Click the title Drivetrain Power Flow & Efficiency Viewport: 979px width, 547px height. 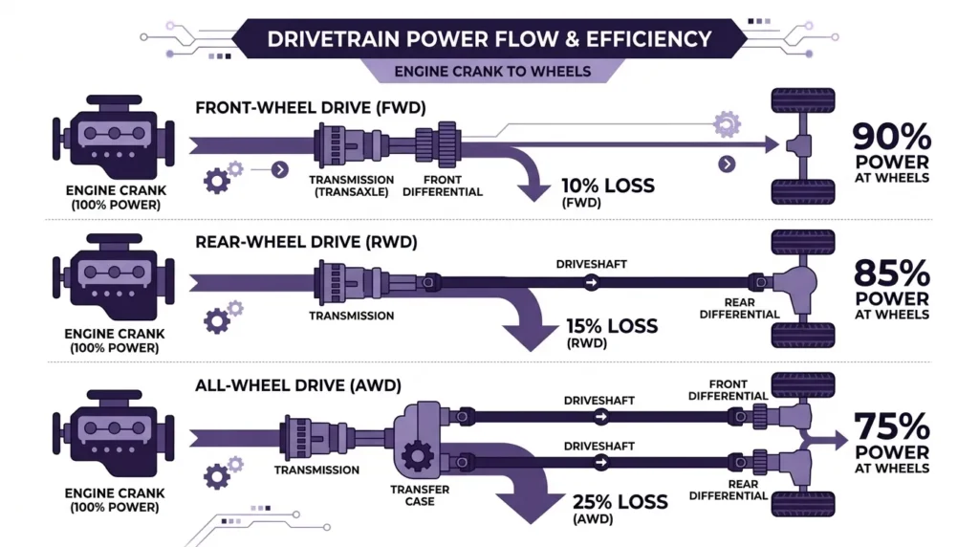pos(489,39)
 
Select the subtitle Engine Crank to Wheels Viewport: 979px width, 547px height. pos(491,72)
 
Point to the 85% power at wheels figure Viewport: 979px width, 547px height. pos(892,288)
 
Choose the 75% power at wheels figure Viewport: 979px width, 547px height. pos(892,439)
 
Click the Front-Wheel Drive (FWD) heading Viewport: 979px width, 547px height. pos(311,108)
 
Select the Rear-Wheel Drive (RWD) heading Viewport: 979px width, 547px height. pos(306,243)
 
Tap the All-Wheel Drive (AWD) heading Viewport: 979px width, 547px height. pos(297,385)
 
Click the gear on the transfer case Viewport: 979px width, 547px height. pos(417,456)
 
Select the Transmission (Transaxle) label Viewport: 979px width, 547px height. pos(352,186)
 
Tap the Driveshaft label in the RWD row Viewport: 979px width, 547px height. pos(592,263)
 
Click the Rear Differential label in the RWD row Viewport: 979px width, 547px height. pos(739,309)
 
